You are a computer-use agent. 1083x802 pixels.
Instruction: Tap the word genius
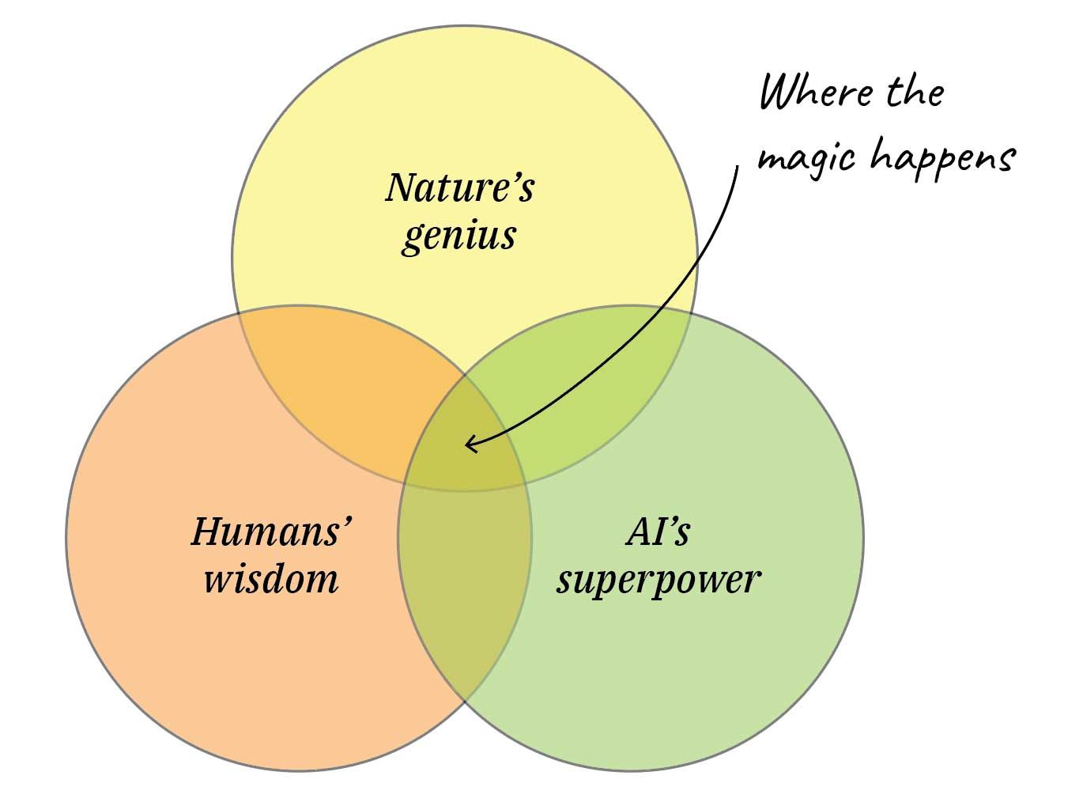point(458,236)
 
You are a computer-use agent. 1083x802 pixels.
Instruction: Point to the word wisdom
point(271,578)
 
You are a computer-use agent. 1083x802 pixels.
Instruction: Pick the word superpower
point(658,580)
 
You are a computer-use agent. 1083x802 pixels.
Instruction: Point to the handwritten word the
point(915,93)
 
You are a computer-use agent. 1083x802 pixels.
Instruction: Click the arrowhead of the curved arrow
point(468,444)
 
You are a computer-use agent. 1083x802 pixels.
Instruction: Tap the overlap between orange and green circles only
point(465,585)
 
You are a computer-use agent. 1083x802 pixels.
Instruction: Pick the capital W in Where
point(779,93)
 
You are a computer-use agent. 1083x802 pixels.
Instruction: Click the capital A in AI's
point(637,532)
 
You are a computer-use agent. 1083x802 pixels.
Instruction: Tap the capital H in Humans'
point(207,532)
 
